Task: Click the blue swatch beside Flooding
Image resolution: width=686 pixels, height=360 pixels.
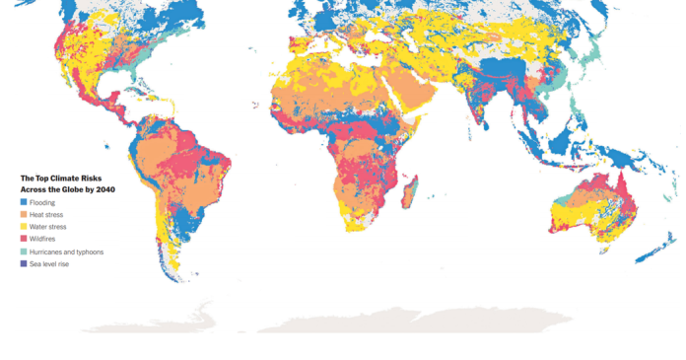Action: pyautogui.click(x=24, y=202)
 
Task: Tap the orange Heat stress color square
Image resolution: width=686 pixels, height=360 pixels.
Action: pyautogui.click(x=24, y=214)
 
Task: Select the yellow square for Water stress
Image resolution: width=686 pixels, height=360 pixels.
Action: pyautogui.click(x=24, y=227)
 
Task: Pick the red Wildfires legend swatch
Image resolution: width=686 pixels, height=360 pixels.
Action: pyautogui.click(x=24, y=239)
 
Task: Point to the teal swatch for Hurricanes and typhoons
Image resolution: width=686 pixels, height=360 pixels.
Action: pyautogui.click(x=24, y=252)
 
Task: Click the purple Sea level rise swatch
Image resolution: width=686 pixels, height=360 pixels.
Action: pyautogui.click(x=24, y=263)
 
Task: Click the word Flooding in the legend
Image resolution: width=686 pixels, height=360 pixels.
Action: pyautogui.click(x=43, y=202)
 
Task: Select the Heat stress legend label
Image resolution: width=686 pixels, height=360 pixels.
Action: pyautogui.click(x=48, y=214)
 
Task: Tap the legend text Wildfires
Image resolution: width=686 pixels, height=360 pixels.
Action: pyautogui.click(x=44, y=239)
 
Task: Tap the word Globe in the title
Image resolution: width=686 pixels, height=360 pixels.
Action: pyautogui.click(x=72, y=188)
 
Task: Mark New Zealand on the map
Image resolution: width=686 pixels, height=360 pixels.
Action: pyautogui.click(x=654, y=251)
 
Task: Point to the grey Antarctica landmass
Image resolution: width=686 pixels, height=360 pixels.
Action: pyautogui.click(x=394, y=318)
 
